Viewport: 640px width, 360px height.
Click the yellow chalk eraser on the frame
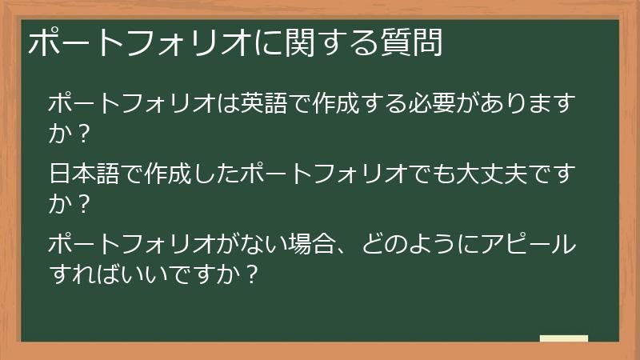564,339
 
